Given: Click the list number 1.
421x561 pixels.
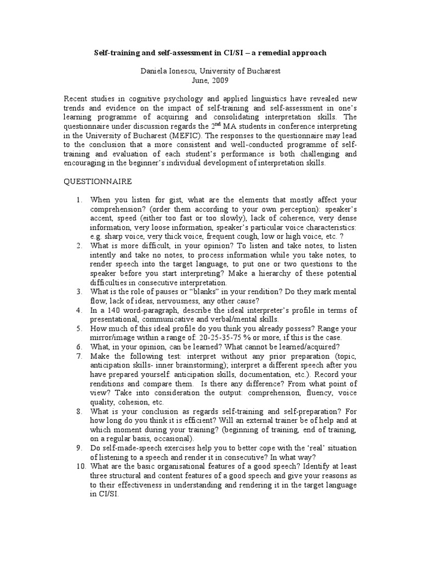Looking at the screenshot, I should pyautogui.click(x=79, y=200).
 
